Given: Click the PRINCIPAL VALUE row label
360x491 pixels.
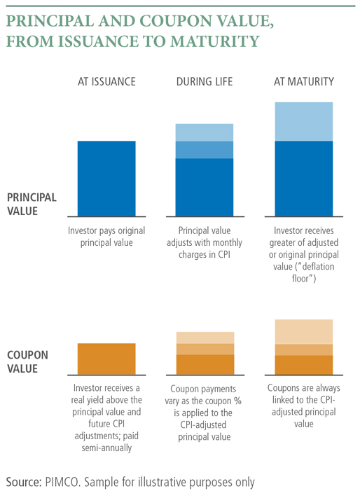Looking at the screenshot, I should pos(32,204).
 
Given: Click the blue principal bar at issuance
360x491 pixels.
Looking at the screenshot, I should pos(106,178).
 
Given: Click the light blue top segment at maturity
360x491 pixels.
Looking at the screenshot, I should pos(303,122).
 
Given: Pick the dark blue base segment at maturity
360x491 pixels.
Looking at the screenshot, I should pos(303,178).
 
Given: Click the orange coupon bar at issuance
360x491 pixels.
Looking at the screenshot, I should pos(106,358).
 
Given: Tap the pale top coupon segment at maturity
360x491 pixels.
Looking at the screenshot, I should pos(303,331).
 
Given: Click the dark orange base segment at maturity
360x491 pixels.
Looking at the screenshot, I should pos(303,365).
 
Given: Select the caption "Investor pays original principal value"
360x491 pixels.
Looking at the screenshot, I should pos(106,237).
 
